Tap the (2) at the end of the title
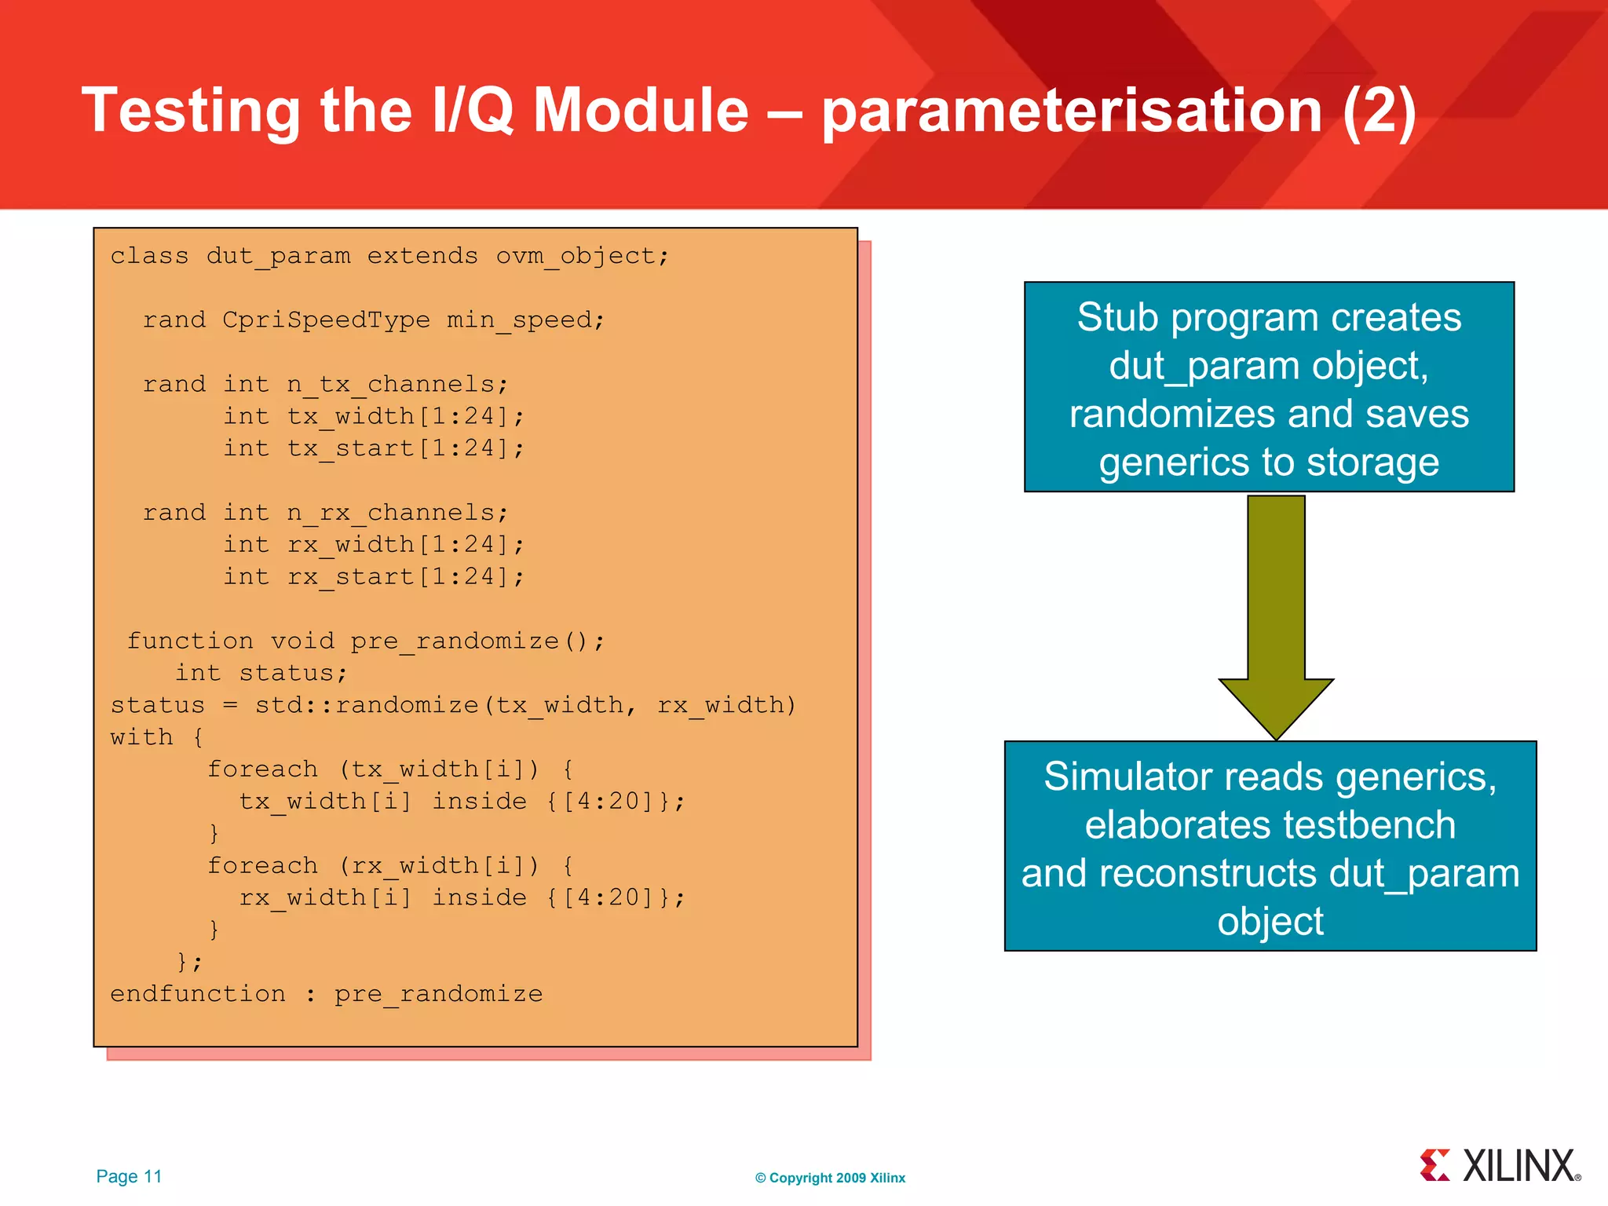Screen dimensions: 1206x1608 click(x=1380, y=111)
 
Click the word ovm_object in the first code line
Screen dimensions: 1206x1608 click(x=581, y=257)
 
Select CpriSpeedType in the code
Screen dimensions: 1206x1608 click(x=326, y=320)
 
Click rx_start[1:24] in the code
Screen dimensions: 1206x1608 click(x=404, y=577)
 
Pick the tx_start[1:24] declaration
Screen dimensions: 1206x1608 click(x=404, y=449)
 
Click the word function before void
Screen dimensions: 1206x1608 click(x=191, y=641)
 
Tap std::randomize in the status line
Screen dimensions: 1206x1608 click(x=367, y=705)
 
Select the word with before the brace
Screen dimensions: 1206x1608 click(x=141, y=737)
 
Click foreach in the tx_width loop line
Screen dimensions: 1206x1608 click(x=262, y=769)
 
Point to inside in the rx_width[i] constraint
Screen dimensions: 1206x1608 click(x=479, y=897)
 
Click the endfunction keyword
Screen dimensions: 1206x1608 click(x=198, y=994)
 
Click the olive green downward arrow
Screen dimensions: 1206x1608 click(x=1276, y=612)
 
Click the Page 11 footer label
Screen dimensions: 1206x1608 click(x=129, y=1176)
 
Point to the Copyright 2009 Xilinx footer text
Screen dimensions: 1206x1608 click(x=830, y=1178)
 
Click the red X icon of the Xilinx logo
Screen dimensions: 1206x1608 click(x=1434, y=1165)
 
